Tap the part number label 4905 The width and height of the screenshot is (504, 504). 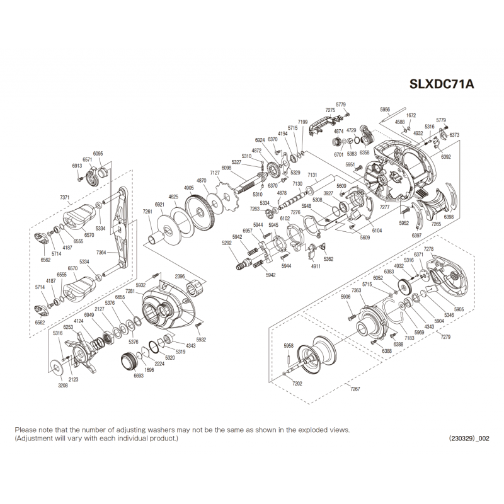(188, 188)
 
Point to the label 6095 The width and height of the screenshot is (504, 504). (98, 153)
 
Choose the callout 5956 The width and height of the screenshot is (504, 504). (386, 109)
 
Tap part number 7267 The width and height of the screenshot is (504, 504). (355, 390)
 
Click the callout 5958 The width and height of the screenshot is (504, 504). (289, 345)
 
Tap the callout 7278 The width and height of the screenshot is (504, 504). (428, 249)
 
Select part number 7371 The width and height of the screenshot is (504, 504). (65, 197)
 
